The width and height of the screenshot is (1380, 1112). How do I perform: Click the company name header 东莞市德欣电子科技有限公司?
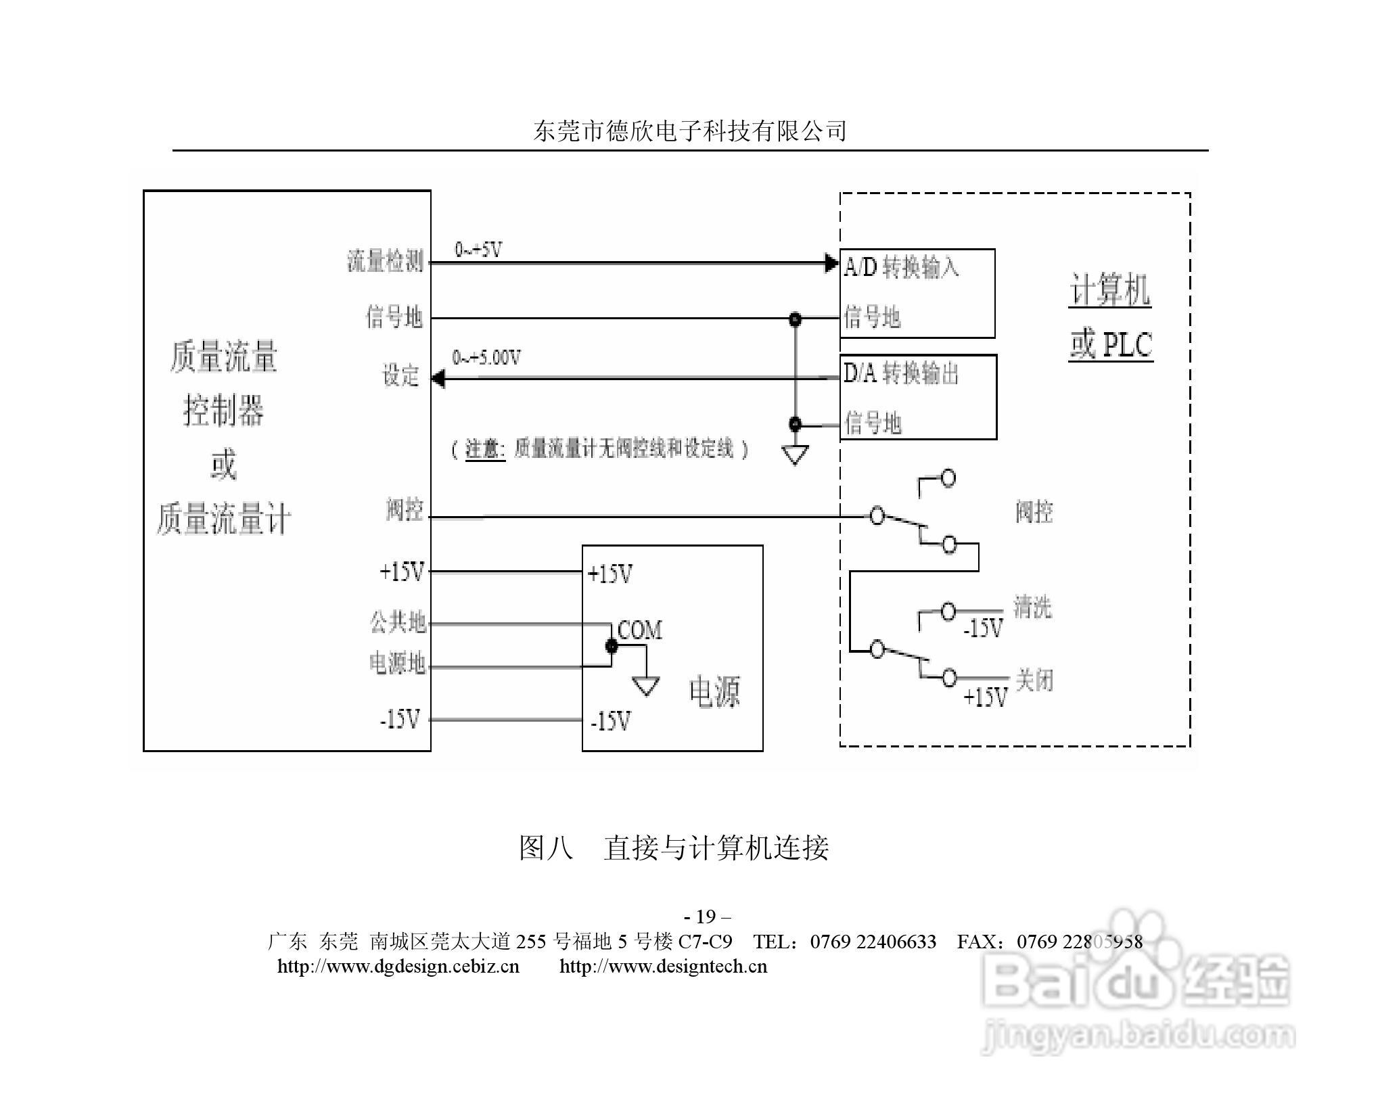click(x=689, y=131)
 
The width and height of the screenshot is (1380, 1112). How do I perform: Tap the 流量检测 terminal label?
click(x=385, y=261)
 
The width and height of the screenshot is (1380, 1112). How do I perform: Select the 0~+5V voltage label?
click(x=478, y=250)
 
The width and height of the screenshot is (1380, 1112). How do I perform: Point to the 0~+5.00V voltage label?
click(x=486, y=357)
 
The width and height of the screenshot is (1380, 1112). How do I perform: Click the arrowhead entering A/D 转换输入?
click(x=832, y=263)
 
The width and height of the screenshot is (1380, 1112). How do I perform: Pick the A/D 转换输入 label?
click(x=901, y=267)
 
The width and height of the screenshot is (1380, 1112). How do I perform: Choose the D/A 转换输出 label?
click(x=901, y=373)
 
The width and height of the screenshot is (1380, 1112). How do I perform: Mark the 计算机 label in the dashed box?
click(x=1109, y=290)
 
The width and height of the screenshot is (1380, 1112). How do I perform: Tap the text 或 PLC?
click(x=1111, y=344)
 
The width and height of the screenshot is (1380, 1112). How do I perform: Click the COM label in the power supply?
click(x=639, y=630)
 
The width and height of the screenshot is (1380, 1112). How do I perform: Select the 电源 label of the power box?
click(x=714, y=691)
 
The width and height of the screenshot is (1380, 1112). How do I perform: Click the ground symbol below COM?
click(x=646, y=686)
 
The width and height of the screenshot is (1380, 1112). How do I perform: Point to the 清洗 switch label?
click(x=1032, y=607)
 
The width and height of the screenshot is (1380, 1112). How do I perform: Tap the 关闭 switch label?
click(x=1034, y=680)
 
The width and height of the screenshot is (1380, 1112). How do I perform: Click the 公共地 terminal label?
click(x=398, y=622)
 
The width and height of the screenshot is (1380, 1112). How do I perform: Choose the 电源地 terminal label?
click(x=397, y=664)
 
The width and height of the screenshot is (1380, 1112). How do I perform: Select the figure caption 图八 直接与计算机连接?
click(x=674, y=848)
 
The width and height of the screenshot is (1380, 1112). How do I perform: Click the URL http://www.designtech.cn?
click(x=663, y=966)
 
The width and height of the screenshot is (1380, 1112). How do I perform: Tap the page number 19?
click(x=706, y=917)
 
